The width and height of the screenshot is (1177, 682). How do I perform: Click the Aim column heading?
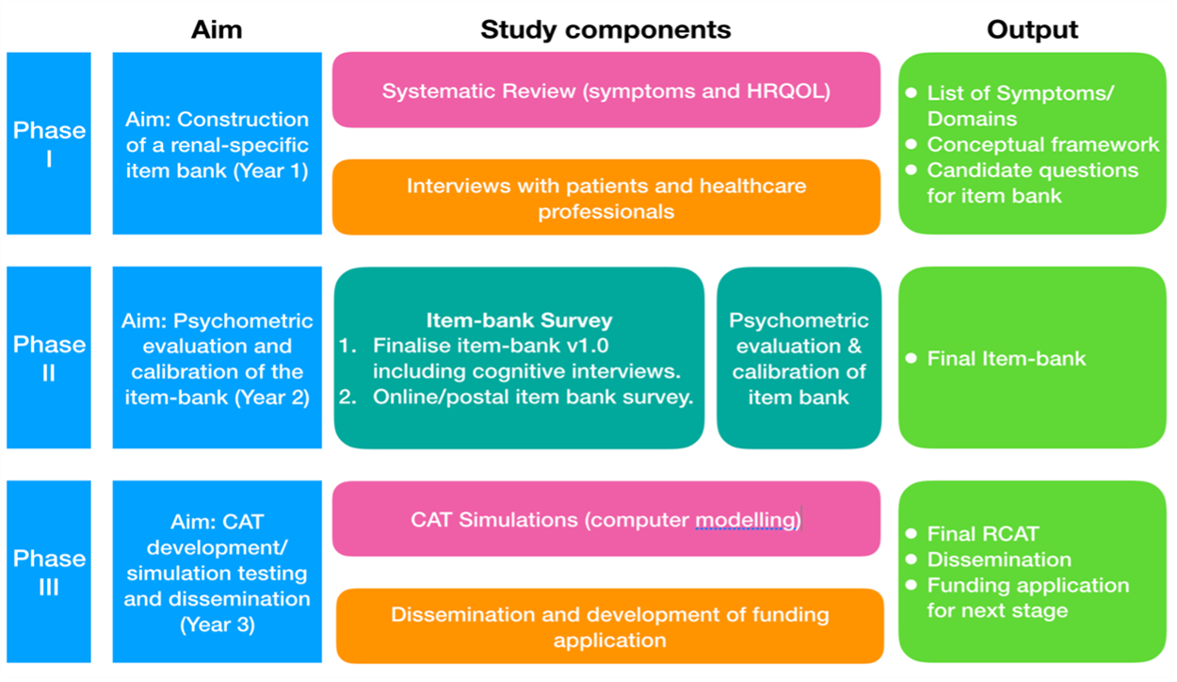[217, 29]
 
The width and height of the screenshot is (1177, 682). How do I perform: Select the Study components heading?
[605, 29]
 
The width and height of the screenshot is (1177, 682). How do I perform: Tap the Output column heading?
[1032, 29]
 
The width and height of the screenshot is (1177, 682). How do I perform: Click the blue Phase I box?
[49, 143]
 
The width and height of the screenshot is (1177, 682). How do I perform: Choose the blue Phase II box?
[49, 358]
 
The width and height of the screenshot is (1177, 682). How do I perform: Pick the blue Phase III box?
[49, 572]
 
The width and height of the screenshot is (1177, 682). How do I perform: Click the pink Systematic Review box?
[606, 90]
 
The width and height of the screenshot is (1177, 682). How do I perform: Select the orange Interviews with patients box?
[606, 198]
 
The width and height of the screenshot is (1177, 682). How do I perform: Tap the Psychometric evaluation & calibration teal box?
[798, 358]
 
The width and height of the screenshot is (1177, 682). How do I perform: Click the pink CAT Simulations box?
[606, 520]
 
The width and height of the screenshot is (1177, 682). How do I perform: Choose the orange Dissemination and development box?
[610, 626]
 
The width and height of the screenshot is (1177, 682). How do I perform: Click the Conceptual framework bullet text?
[1042, 144]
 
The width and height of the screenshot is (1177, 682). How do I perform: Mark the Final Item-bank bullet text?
[1006, 358]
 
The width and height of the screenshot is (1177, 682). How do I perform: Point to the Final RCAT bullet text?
[982, 533]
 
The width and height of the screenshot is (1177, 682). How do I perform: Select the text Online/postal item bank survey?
[532, 397]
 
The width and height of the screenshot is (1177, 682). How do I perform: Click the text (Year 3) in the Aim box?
[217, 624]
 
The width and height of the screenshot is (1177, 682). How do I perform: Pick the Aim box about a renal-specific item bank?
[217, 143]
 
